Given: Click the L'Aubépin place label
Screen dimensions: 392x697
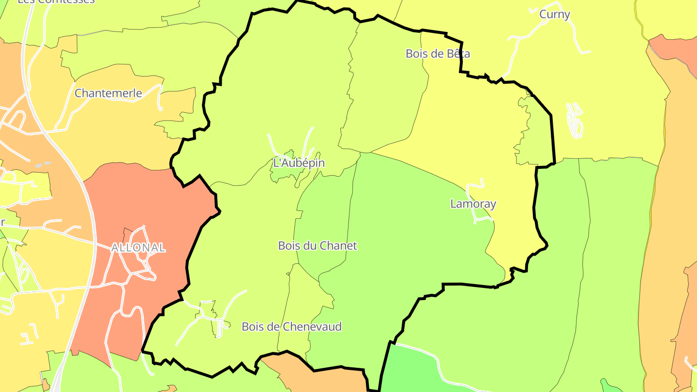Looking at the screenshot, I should click(299, 163).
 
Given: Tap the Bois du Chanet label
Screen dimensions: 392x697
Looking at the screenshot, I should click(317, 245).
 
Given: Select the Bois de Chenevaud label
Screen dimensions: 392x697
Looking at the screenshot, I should click(291, 327).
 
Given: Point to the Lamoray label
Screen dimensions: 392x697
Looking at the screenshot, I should click(473, 204).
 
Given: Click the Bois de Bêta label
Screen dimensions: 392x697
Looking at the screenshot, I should click(438, 53).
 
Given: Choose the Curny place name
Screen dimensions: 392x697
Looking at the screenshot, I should click(555, 15).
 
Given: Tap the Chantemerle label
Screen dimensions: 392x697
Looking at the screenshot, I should click(108, 93).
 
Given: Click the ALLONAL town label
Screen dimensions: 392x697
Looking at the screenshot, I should click(138, 248).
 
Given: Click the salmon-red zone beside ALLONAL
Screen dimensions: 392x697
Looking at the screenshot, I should click(145, 203).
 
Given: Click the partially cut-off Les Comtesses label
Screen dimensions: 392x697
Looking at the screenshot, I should click(56, 1).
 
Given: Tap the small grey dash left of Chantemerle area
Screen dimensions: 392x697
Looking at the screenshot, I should click(43, 165).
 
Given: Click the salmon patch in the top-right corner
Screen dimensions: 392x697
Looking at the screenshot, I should click(675, 48).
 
